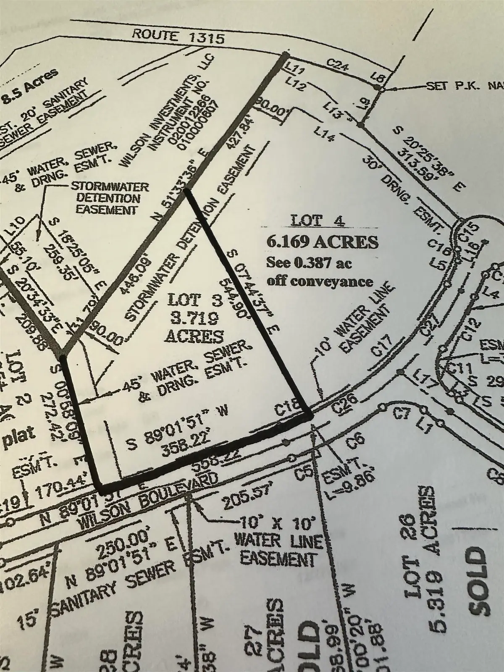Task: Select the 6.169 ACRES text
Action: coord(323,242)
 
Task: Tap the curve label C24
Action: coord(336,65)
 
